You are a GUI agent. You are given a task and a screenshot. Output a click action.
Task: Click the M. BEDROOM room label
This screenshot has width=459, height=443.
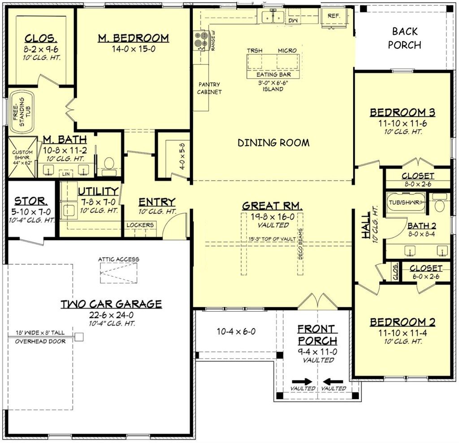click(x=133, y=38)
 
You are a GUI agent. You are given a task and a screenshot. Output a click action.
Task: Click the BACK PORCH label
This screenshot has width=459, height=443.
click(x=404, y=38)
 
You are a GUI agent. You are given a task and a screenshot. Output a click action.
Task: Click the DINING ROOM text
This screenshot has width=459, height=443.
click(x=273, y=143)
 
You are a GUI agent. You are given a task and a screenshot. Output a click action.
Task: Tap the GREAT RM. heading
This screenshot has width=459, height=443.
click(x=272, y=206)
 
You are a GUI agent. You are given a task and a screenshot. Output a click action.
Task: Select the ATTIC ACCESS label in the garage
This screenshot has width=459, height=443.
click(x=119, y=259)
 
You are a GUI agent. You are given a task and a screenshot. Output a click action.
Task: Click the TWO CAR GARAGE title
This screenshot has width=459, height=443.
click(x=111, y=304)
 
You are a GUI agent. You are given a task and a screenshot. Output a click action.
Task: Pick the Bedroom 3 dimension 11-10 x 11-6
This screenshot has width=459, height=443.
click(x=402, y=123)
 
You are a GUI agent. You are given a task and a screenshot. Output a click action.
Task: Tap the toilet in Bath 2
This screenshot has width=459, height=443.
click(x=439, y=205)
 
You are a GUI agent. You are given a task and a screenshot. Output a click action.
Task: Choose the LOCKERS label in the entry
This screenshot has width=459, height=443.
click(x=140, y=225)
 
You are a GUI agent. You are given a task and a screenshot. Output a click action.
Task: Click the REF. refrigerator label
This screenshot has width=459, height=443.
click(x=334, y=16)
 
